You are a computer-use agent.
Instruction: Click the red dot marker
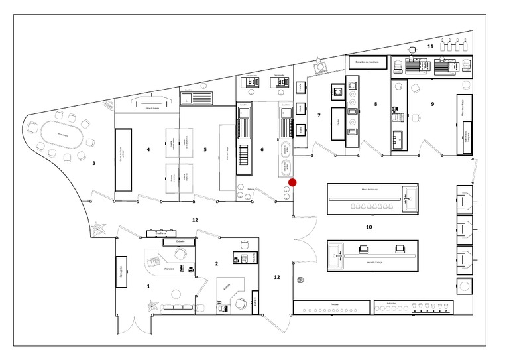(x=292, y=182)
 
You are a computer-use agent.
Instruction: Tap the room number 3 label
(x=94, y=163)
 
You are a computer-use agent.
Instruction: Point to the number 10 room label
(x=368, y=227)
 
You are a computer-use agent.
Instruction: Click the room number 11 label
(x=429, y=46)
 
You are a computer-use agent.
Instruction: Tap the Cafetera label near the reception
(x=160, y=233)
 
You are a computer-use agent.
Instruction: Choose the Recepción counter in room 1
(x=121, y=270)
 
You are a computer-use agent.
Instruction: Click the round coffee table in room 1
(x=175, y=294)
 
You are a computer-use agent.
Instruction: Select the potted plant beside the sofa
(x=154, y=306)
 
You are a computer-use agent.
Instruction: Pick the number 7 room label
(x=319, y=115)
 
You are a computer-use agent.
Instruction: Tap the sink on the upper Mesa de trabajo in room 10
(x=408, y=198)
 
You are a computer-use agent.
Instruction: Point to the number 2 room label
(x=217, y=264)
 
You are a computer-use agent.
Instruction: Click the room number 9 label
(x=432, y=104)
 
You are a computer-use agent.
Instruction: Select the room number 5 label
(x=205, y=150)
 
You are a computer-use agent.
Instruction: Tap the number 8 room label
(x=375, y=104)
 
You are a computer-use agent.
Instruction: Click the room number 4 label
(x=148, y=150)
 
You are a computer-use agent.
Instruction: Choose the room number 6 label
(x=262, y=150)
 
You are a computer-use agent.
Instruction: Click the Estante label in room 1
(x=178, y=243)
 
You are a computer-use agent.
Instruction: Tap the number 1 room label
(x=148, y=286)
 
